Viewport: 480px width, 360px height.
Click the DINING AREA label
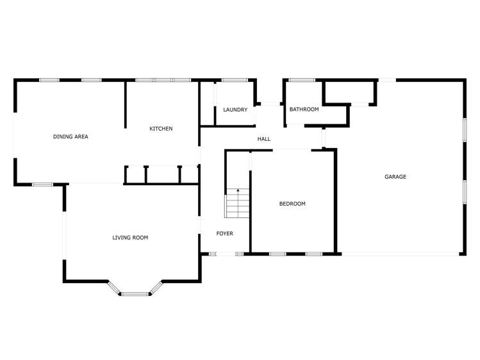click(70, 136)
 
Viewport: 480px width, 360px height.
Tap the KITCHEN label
click(161, 129)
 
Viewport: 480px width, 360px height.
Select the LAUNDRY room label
click(235, 110)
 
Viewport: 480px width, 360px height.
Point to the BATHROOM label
click(304, 109)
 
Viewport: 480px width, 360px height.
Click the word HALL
click(264, 139)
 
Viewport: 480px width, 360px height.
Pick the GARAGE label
click(395, 177)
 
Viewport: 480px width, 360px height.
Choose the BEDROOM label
click(292, 204)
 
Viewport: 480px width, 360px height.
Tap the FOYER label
click(225, 233)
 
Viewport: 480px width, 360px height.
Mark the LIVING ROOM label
click(130, 238)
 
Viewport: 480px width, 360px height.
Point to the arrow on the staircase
click(238, 192)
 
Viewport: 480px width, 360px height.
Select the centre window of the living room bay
click(135, 294)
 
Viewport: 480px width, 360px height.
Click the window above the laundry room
click(235, 80)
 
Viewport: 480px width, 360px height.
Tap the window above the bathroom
click(301, 80)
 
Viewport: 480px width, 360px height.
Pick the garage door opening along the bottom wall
click(400, 254)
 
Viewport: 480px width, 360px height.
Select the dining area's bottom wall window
click(42, 184)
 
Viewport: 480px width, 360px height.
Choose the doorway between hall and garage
click(324, 138)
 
